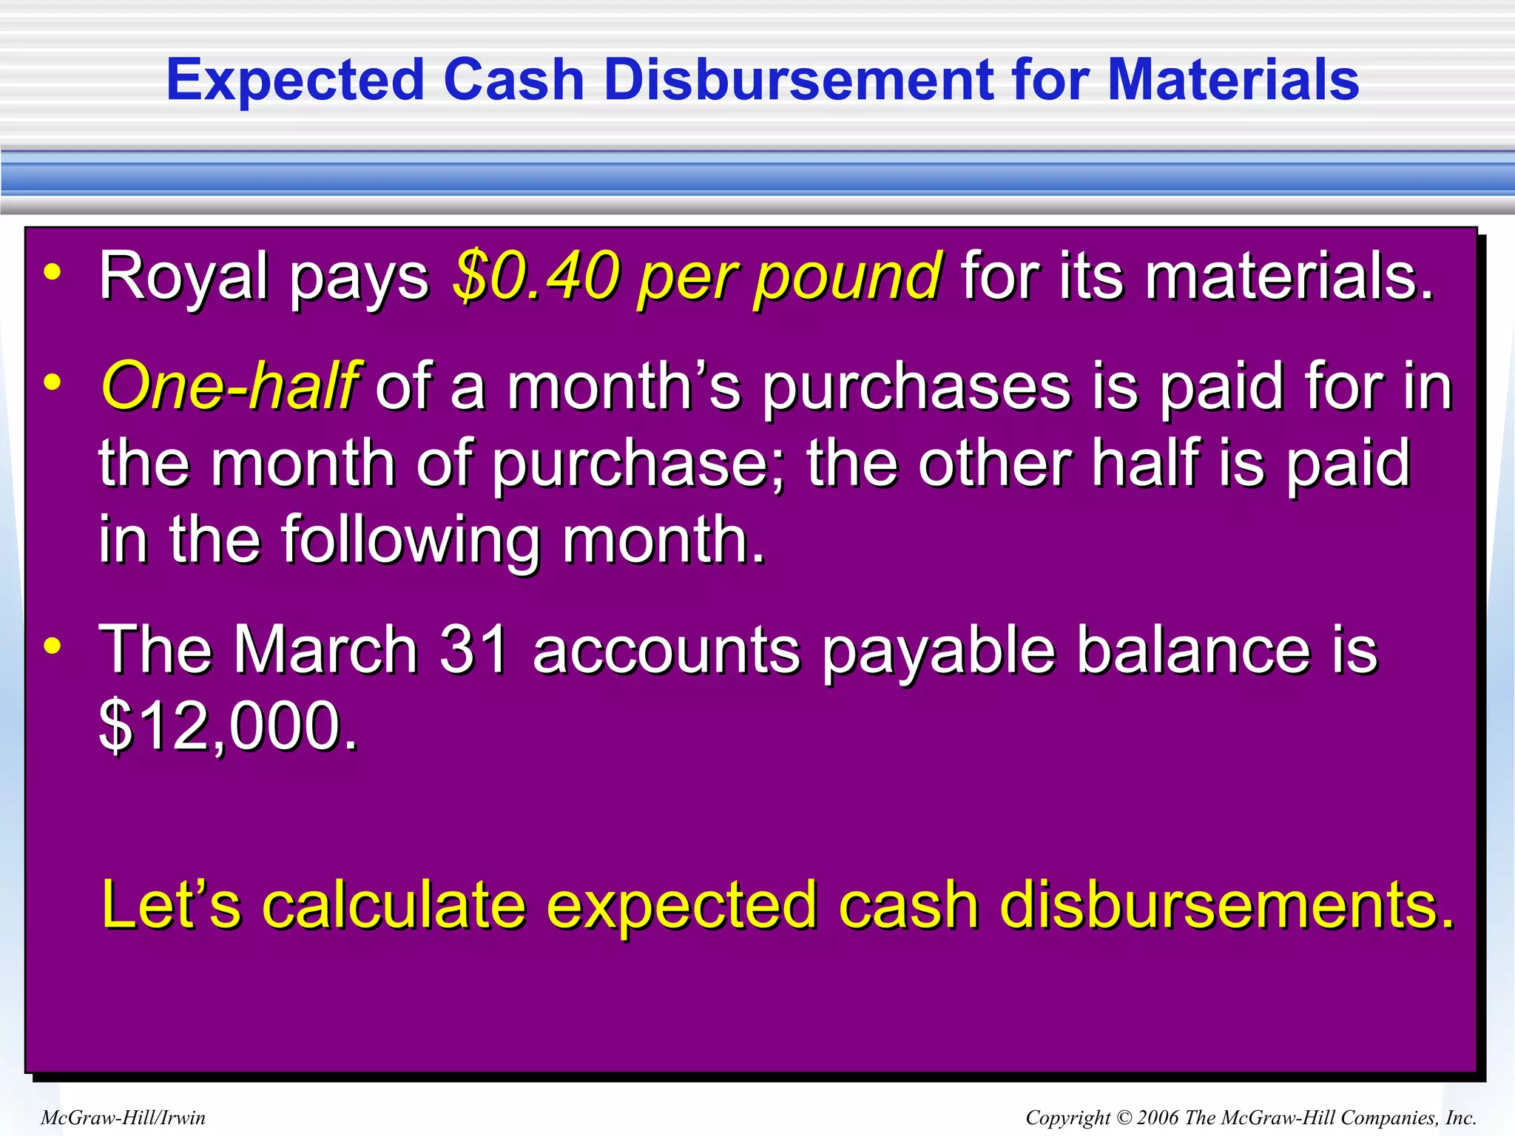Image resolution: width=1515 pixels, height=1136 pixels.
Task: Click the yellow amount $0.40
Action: (x=536, y=276)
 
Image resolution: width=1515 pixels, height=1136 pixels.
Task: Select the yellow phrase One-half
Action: (x=230, y=386)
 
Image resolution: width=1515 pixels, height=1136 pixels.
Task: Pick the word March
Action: (x=326, y=650)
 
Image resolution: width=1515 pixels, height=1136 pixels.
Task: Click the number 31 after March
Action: (x=473, y=650)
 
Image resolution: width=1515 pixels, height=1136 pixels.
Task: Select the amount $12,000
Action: (x=227, y=726)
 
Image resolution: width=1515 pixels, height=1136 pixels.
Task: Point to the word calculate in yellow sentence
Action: (x=394, y=905)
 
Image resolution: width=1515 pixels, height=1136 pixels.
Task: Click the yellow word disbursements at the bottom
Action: (x=1226, y=905)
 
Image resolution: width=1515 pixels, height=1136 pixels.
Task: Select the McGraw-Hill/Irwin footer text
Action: (x=123, y=1118)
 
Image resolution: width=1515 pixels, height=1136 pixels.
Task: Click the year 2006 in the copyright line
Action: (x=1158, y=1118)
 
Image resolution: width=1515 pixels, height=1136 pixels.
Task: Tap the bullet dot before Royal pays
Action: (x=53, y=274)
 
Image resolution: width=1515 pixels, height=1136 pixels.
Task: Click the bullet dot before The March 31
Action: (x=53, y=646)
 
